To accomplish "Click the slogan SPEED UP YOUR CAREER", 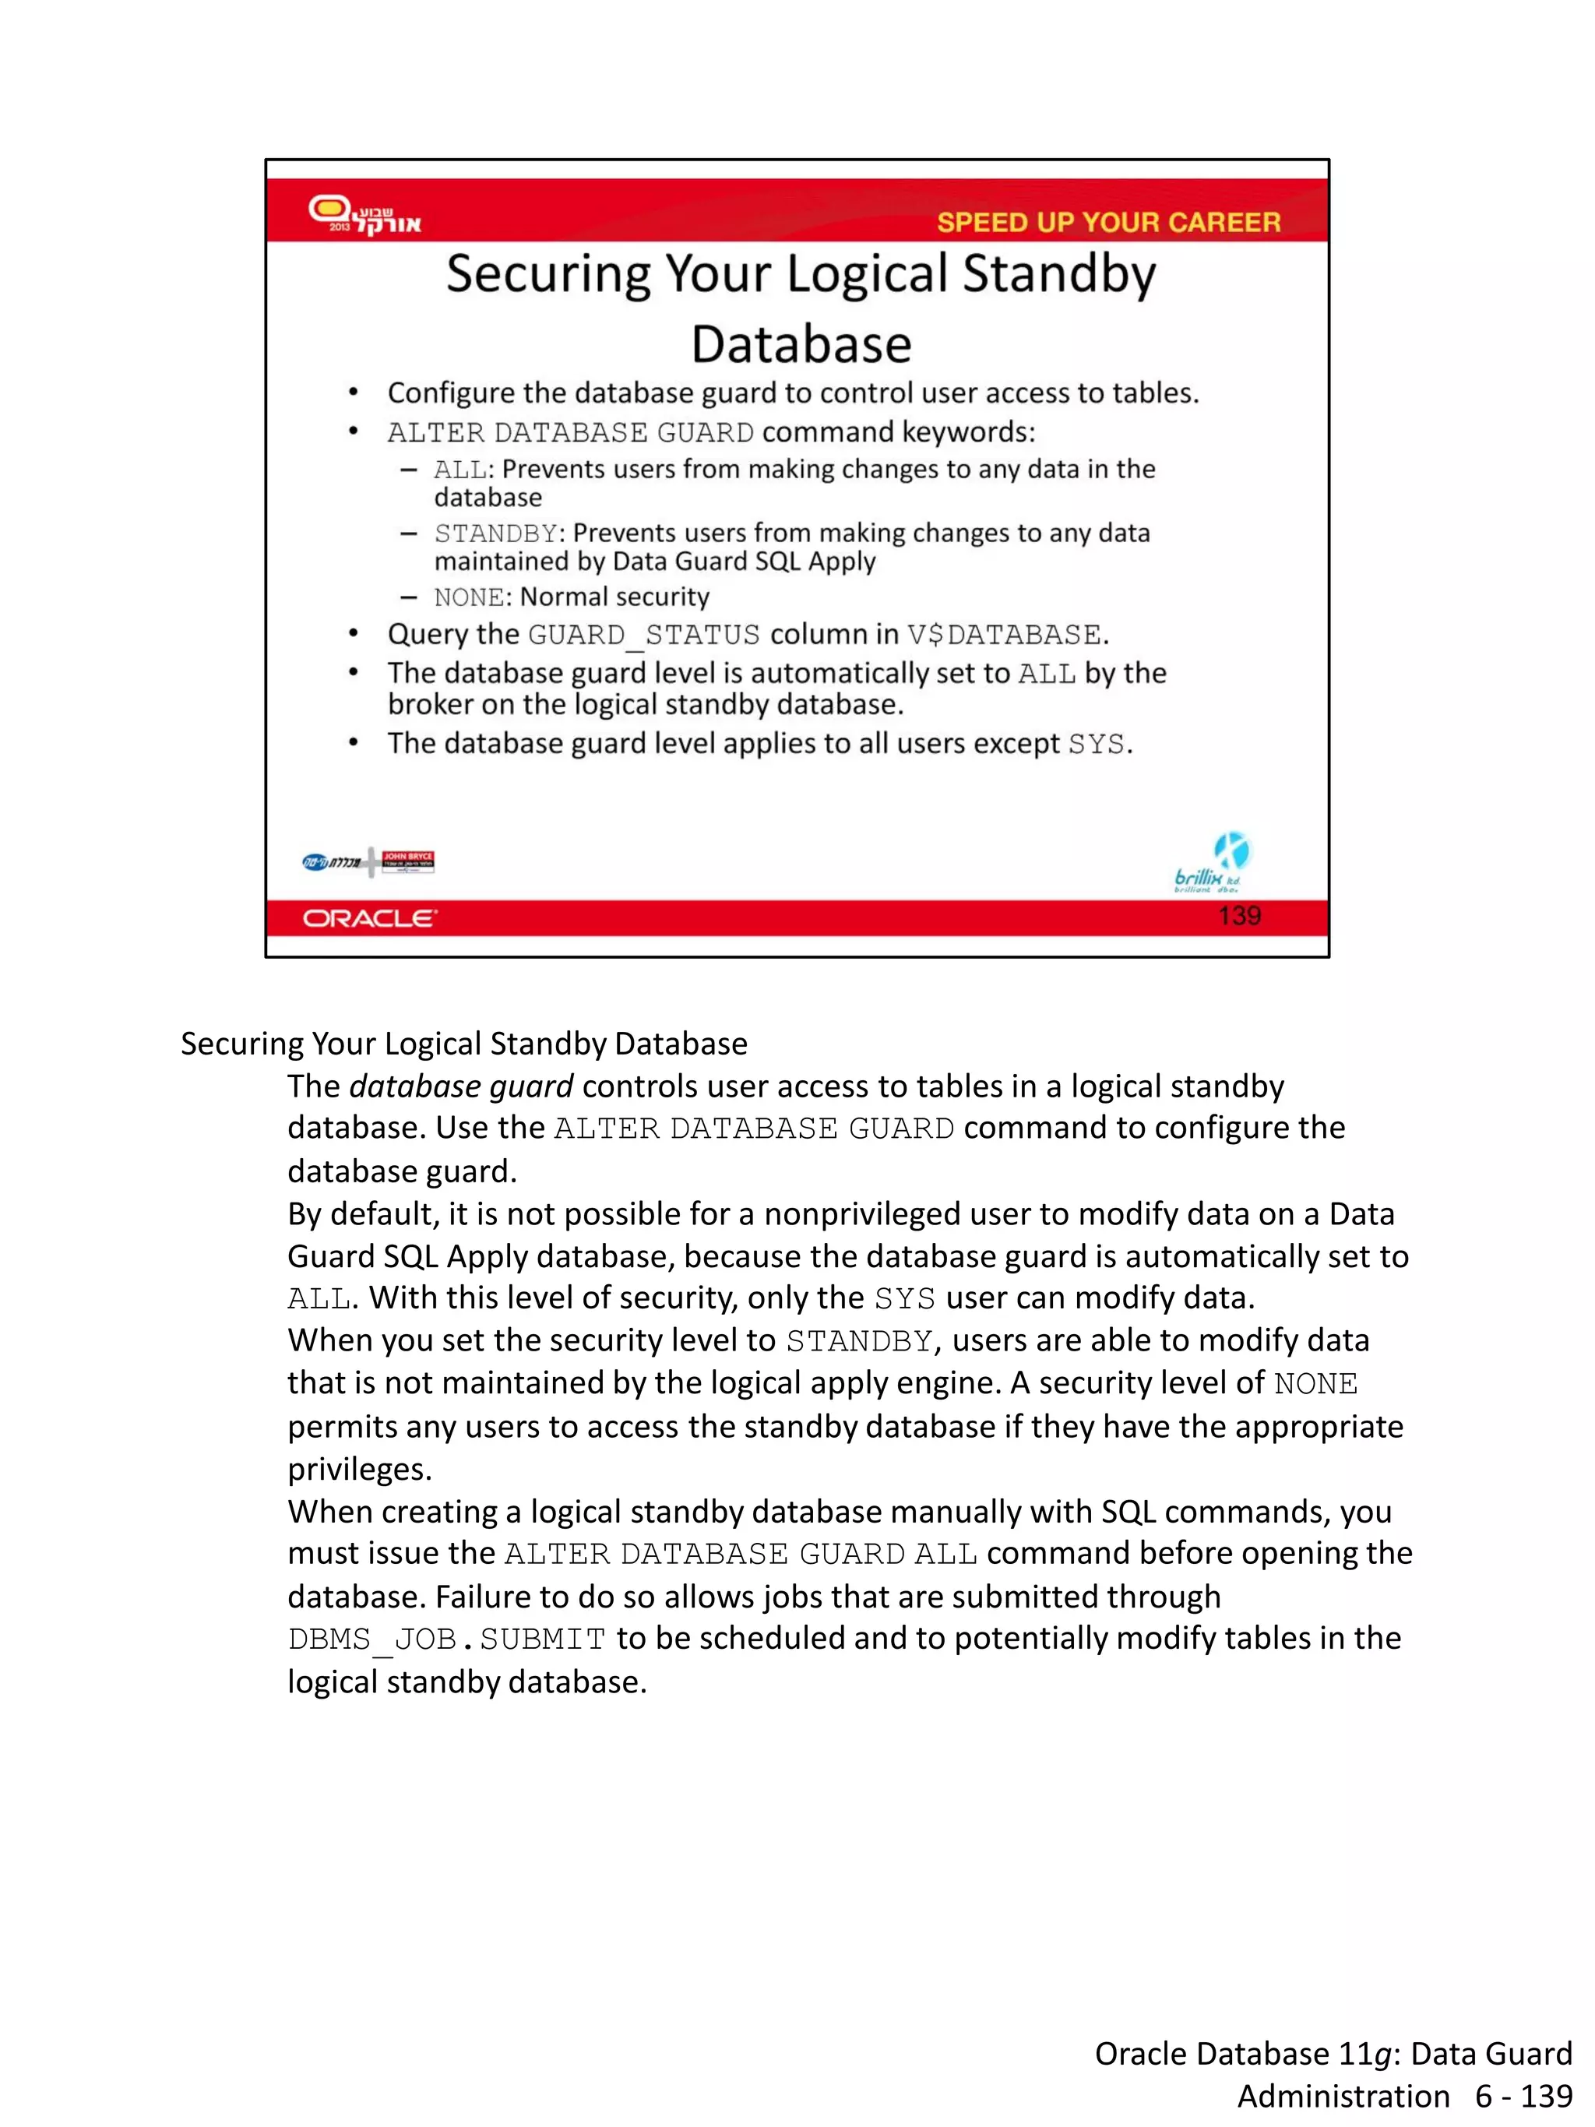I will [1107, 222].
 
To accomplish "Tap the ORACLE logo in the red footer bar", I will [369, 918].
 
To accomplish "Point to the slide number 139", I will [1238, 915].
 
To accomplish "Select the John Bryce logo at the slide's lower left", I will [407, 861].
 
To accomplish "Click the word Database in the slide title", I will [801, 344].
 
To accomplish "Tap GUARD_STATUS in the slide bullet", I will [643, 635].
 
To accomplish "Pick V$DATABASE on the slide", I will [1004, 635].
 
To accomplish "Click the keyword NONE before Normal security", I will [468, 597].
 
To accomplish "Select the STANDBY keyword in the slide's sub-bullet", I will [495, 533].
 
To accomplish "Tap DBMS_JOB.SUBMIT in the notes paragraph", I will [446, 1639].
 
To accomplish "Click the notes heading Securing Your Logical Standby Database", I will [463, 1044].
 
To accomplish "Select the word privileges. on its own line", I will [360, 1468].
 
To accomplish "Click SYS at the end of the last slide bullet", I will [1095, 745].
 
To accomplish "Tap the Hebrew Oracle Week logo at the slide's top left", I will [364, 213].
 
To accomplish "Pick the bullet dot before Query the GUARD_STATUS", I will [354, 634].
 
